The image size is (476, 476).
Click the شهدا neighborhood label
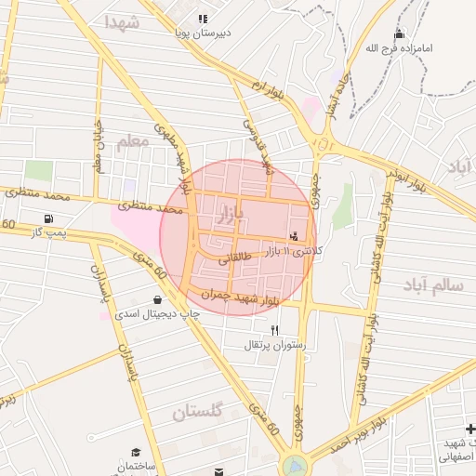coord(122,22)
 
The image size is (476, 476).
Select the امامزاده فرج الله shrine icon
coord(401,34)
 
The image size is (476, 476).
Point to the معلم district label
coord(132,142)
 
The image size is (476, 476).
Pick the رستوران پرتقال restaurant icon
coord(274,330)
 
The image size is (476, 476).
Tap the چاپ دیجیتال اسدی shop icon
coord(156,299)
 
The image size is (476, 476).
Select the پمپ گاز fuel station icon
coord(47,218)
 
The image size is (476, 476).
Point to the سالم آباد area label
coord(433,284)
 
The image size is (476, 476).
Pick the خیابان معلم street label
coord(97,146)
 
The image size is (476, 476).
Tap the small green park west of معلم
coord(38,171)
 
